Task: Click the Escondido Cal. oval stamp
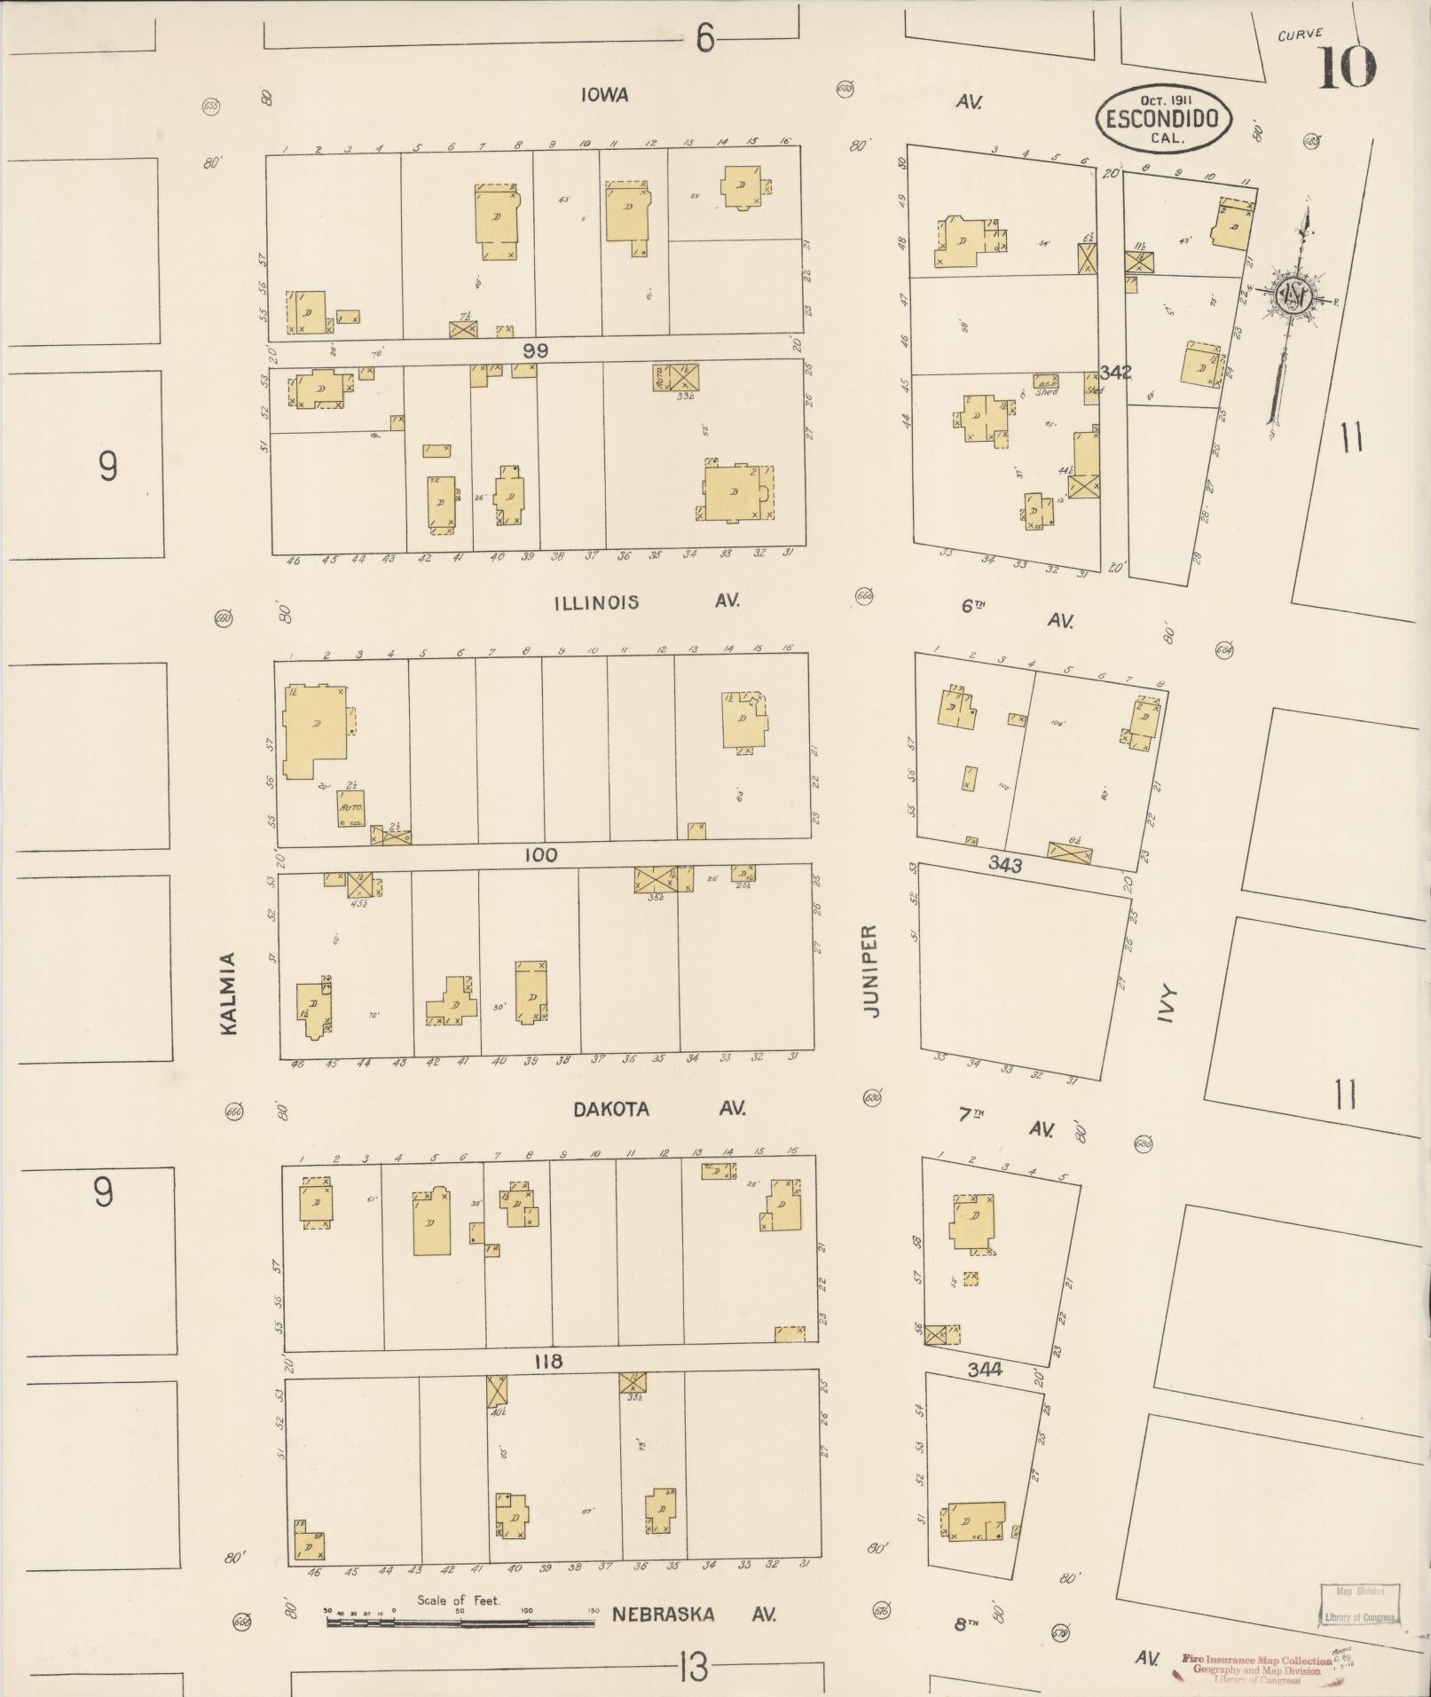pos(1164,117)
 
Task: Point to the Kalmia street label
pos(229,993)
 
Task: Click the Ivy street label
pos(1167,1004)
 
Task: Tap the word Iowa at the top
pos(605,95)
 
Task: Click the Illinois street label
pos(596,602)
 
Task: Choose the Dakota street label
pos(610,1109)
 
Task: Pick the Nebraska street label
pos(662,1614)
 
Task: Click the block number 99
pos(535,350)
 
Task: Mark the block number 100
pos(540,855)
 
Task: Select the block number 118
pos(546,1361)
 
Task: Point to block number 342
pos(1115,373)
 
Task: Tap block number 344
pos(985,1370)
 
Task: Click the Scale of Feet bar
pos(460,1622)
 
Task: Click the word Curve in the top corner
pos(1300,35)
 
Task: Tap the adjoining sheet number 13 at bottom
pos(693,1669)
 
